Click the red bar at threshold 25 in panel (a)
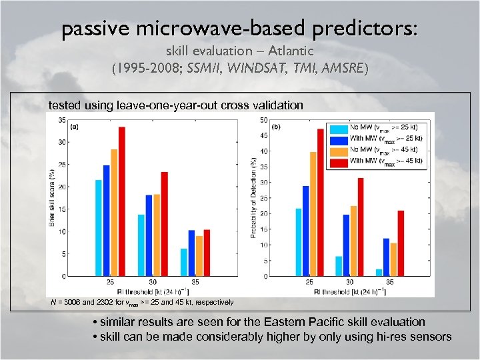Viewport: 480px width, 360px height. click(122, 201)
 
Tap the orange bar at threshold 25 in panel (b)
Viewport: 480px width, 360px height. click(313, 214)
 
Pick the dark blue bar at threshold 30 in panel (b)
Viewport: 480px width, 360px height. click(346, 245)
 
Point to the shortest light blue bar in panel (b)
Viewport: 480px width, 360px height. click(379, 272)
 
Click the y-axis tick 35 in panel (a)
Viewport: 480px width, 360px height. click(61, 120)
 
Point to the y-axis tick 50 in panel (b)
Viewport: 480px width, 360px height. click(264, 120)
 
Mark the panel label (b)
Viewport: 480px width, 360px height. click(276, 127)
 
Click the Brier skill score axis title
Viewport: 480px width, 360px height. click(53, 198)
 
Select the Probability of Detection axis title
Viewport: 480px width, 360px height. click(253, 198)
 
